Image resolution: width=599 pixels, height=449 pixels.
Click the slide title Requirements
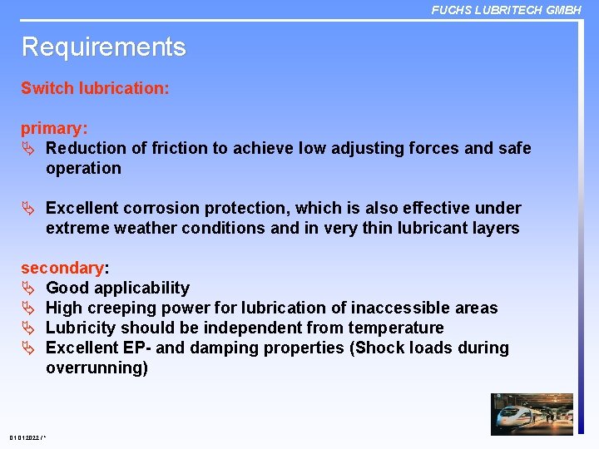(x=103, y=47)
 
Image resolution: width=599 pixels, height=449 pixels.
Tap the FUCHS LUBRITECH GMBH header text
(x=506, y=10)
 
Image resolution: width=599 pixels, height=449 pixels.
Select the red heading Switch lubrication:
(x=95, y=88)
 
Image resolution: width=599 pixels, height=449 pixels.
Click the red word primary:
(x=54, y=129)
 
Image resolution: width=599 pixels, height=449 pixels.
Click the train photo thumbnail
(x=532, y=414)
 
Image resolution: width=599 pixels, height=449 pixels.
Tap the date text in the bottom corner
(x=27, y=437)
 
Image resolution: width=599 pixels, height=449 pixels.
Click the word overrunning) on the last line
(x=97, y=368)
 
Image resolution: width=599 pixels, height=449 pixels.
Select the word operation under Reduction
(x=83, y=168)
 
